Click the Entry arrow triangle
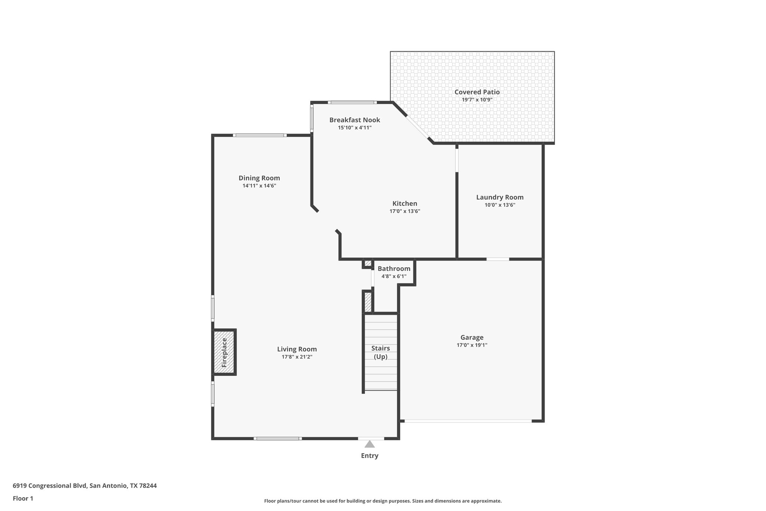coord(370,444)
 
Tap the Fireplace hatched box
coord(224,352)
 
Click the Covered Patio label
coord(477,92)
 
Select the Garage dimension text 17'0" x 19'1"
coord(472,345)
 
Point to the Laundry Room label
coord(500,197)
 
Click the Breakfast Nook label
coord(355,120)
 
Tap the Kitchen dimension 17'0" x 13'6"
coord(405,211)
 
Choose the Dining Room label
coord(259,178)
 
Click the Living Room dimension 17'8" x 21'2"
coord(297,357)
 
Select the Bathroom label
coord(394,269)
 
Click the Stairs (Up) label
coord(380,352)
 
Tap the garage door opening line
coord(468,421)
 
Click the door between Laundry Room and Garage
coord(497,259)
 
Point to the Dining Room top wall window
coord(260,135)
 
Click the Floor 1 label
coord(23,498)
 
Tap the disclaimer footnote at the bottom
coord(383,501)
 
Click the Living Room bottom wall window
coord(278,438)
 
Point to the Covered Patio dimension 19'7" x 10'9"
coord(477,100)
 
